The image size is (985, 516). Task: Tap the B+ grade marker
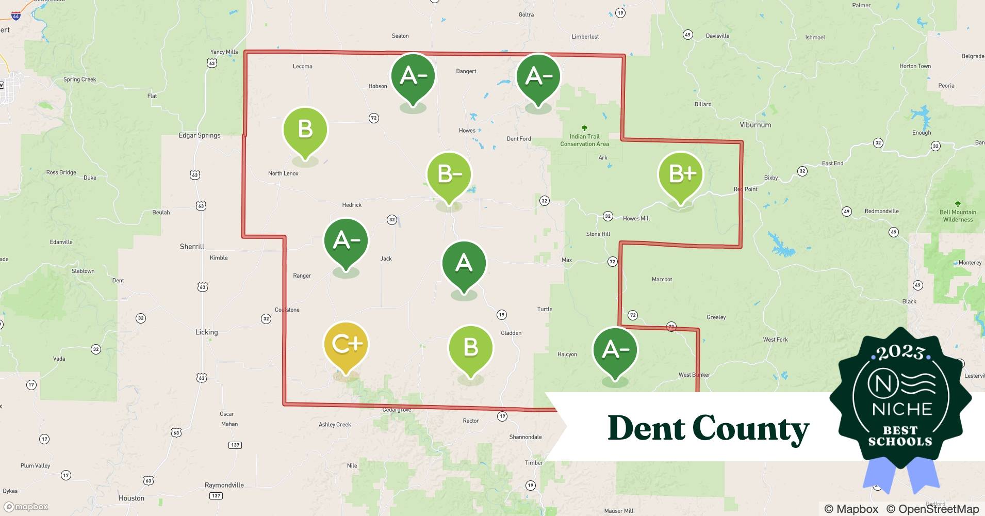click(680, 174)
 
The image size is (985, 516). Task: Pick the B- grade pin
click(449, 175)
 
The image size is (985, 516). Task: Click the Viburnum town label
click(756, 125)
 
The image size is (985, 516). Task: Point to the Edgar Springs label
click(199, 135)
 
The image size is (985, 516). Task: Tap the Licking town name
click(206, 332)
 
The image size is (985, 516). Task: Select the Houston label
click(132, 498)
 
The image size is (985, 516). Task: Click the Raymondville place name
click(224, 485)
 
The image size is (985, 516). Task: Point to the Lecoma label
click(302, 66)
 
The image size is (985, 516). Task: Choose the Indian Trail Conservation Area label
click(584, 140)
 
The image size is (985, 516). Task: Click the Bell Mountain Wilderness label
click(958, 216)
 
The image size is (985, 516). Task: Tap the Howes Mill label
click(636, 218)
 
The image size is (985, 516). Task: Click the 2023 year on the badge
click(900, 353)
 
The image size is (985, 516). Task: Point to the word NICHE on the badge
click(902, 409)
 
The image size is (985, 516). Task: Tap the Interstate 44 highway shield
click(16, 15)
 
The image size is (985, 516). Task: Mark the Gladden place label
click(511, 333)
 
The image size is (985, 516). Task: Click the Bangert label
click(466, 71)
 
